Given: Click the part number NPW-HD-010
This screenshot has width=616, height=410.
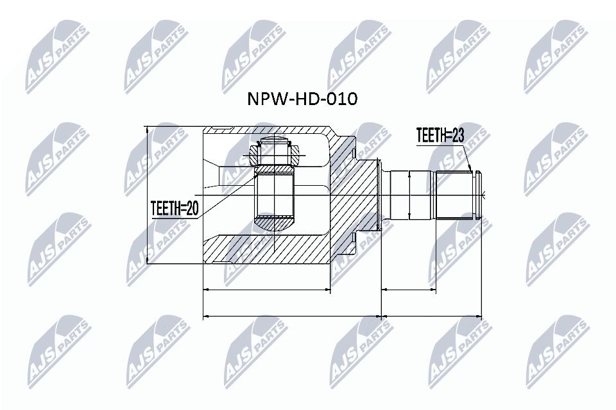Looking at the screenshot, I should pos(302,99).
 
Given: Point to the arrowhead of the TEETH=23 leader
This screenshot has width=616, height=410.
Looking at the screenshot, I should pos(472,171).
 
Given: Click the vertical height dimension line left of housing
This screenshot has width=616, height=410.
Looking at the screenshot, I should pos(148,195).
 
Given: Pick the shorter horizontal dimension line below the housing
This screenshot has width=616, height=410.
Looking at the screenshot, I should pos(267,290).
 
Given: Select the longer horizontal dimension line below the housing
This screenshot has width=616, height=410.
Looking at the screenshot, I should pos(292,316).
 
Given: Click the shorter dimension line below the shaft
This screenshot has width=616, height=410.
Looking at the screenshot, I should pos(409,290).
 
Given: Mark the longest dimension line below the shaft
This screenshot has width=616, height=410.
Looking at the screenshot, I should pos(431,316).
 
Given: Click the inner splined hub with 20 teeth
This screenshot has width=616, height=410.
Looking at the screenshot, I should pos(275,195).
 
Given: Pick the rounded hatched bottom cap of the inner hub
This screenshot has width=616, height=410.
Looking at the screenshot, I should pos(275,224).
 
